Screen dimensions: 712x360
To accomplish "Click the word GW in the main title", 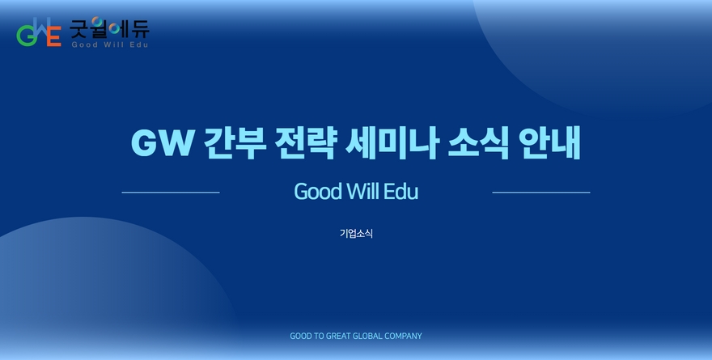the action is coord(163,143).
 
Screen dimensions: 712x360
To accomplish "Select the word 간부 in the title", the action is coord(235,143).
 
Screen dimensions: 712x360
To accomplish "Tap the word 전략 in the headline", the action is coord(306,143).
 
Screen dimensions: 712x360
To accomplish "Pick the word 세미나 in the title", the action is coord(392,143).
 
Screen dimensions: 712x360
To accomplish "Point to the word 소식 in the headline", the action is coord(478,143).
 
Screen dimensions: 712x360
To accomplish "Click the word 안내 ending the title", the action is coord(549,143).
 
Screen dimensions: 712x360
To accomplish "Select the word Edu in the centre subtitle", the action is coord(400,192).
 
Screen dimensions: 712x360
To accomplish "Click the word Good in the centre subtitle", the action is coord(318,192).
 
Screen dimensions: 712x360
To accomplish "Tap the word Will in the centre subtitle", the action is coord(362,192).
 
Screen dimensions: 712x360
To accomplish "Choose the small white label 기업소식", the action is coord(357,233).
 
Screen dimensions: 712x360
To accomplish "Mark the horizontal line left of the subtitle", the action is coord(171,193).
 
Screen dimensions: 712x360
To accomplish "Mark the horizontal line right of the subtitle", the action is coord(541,193).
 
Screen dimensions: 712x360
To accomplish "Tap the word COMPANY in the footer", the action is coord(403,336).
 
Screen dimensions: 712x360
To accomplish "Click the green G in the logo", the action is coord(27,36).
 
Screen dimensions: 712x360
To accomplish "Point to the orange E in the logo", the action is coord(54,36).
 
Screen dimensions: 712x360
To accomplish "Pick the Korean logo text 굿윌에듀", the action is coord(109,28).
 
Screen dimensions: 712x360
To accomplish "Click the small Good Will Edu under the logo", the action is coord(110,44).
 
